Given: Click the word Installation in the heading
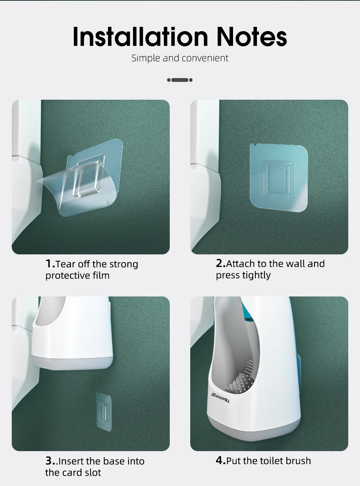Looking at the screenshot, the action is pyautogui.click(x=140, y=36).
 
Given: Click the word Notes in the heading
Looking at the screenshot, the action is pyautogui.click(x=252, y=36).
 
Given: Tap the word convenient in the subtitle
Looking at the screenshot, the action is pyautogui.click(x=205, y=58).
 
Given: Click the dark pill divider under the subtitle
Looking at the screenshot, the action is pyautogui.click(x=180, y=80).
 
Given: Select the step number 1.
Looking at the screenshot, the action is pyautogui.click(x=50, y=263).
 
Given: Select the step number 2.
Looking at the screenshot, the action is pyautogui.click(x=221, y=263).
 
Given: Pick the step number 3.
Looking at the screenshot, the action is pyautogui.click(x=52, y=461).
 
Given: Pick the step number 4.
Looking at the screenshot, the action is pyautogui.click(x=221, y=460).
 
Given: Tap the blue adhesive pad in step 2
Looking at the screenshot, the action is pyautogui.click(x=279, y=177).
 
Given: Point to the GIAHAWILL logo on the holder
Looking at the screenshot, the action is pyautogui.click(x=221, y=398).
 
